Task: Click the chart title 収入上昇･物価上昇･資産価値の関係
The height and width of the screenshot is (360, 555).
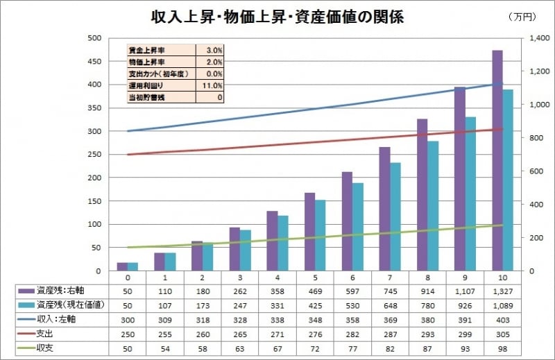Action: click(277, 17)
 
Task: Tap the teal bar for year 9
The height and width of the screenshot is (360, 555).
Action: click(470, 194)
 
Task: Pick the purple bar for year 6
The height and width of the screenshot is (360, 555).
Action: click(348, 221)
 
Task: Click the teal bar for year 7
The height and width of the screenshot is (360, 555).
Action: click(395, 216)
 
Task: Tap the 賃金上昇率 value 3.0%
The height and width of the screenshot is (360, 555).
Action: click(214, 50)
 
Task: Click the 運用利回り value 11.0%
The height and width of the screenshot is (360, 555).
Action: click(213, 85)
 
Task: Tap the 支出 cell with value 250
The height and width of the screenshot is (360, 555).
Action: click(128, 332)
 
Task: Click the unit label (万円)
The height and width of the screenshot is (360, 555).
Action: click(522, 16)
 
